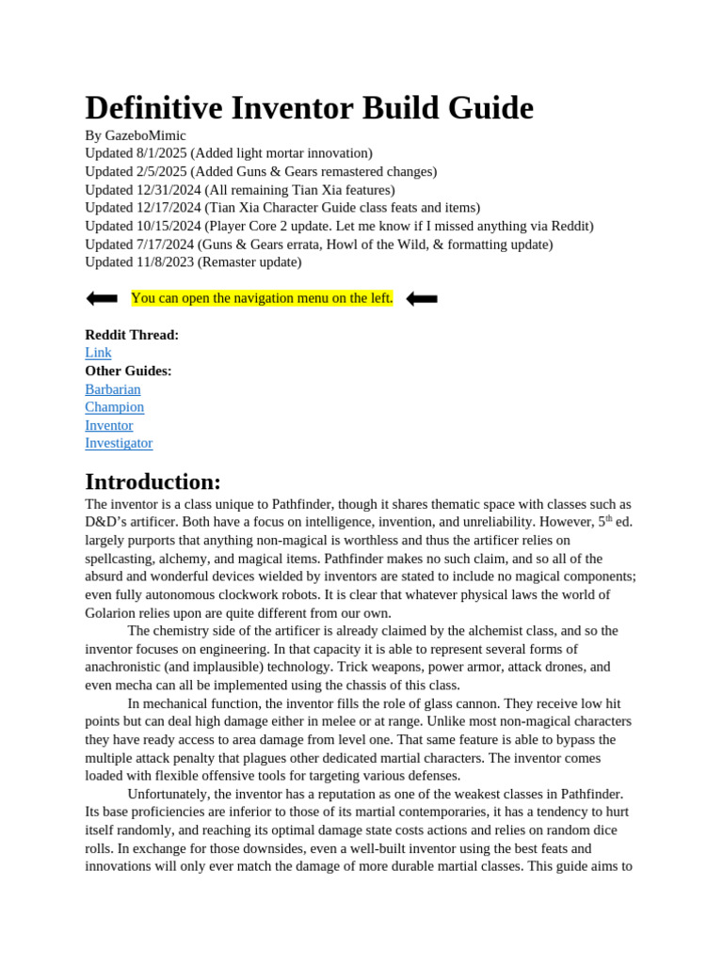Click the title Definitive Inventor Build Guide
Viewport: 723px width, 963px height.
[x=309, y=108]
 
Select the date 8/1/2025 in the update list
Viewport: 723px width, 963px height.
[x=162, y=153]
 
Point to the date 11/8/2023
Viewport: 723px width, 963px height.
[x=166, y=262]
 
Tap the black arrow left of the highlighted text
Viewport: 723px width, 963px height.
[x=102, y=298]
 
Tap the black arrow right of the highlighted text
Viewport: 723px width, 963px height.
[x=422, y=298]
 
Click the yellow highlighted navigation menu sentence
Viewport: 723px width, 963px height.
[x=262, y=298]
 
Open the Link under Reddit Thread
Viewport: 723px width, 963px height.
[x=98, y=353]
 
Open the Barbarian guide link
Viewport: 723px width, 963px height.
[x=113, y=389]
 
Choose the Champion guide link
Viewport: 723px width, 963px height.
[x=115, y=407]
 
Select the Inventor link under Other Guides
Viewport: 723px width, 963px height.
[x=109, y=425]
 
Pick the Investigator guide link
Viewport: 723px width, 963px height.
[x=119, y=443]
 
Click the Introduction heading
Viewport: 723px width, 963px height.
[x=153, y=481]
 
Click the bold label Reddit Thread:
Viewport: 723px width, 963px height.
[x=132, y=335]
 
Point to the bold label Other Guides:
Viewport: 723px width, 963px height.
[x=128, y=371]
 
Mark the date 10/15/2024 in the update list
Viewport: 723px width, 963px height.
[x=169, y=226]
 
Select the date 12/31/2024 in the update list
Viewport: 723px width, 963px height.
[x=169, y=190]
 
